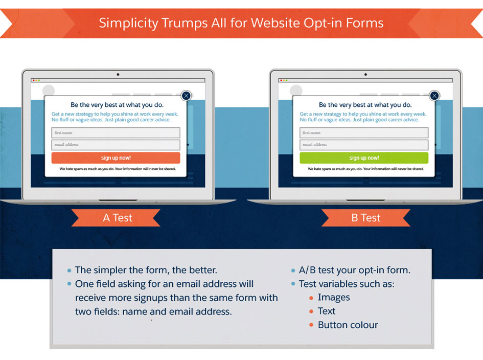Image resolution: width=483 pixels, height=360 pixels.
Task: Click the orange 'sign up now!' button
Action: tap(116, 158)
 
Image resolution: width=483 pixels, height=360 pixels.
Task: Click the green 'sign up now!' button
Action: tap(364, 158)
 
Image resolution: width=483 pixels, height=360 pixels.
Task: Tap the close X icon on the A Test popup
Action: tap(186, 96)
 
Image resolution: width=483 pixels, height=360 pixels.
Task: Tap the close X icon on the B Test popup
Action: tap(434, 96)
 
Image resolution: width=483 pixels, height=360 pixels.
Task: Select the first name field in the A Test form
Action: tap(116, 133)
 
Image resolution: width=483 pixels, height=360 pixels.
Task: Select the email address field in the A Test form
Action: tap(116, 145)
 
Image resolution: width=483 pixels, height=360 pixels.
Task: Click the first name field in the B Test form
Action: tap(364, 133)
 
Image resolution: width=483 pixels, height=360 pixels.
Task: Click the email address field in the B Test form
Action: tap(364, 145)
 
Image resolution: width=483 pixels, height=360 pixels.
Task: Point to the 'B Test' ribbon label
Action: tap(366, 218)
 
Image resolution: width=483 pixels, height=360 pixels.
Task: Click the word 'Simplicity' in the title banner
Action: tap(128, 24)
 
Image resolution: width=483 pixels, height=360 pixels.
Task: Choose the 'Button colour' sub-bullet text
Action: tap(348, 325)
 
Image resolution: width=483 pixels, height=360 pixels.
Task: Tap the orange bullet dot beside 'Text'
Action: tap(311, 311)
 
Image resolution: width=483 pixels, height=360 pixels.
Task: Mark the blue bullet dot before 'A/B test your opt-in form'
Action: tap(293, 271)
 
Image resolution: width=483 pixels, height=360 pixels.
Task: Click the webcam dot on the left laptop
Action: tap(118, 74)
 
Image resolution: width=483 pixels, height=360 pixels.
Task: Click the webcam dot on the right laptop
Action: tap(365, 74)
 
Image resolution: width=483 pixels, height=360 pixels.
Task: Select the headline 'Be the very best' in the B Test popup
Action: tap(365, 105)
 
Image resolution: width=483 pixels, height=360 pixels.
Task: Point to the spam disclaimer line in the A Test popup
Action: tap(118, 169)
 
